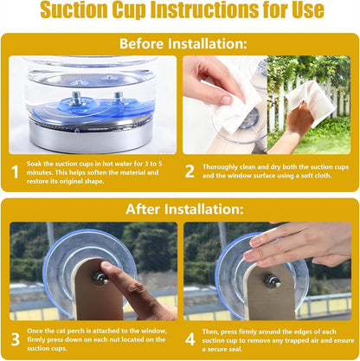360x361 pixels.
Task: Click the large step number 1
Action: point(16,172)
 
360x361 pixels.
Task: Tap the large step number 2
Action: point(190,171)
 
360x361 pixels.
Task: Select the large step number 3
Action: point(16,339)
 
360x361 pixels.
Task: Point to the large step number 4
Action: point(190,339)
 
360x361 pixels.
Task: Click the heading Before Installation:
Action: point(183,43)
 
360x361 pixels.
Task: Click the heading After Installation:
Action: point(184,209)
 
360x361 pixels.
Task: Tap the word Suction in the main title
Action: point(74,10)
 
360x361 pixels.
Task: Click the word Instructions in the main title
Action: point(205,10)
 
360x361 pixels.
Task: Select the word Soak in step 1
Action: point(35,164)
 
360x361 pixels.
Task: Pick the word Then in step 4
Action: point(210,332)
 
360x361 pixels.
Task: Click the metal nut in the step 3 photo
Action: point(100,278)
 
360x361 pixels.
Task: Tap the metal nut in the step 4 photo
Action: point(272,280)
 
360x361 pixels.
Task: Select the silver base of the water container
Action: point(91,137)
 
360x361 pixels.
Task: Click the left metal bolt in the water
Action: point(76,99)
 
